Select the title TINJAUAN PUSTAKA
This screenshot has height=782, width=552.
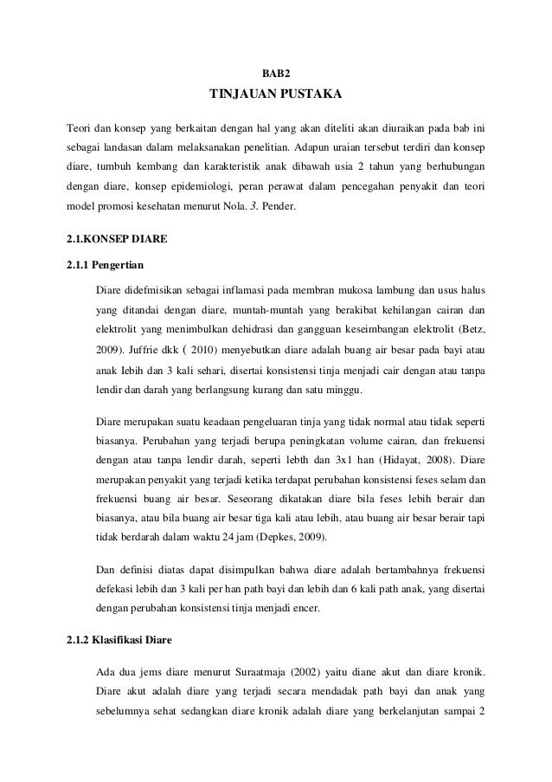tap(276, 93)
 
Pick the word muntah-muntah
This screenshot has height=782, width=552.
tap(271, 310)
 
